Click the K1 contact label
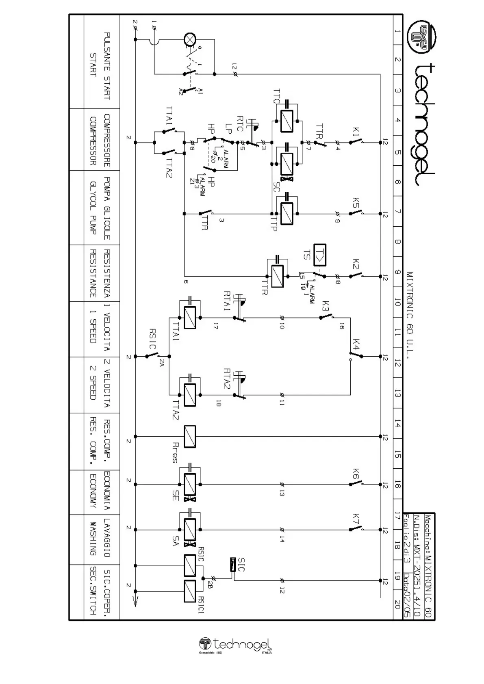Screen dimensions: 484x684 [356, 132]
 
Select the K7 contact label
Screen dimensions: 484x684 [356, 519]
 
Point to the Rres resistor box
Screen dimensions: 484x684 [190, 437]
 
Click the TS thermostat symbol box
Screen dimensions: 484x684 [320, 255]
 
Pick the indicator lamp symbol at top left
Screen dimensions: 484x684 [190, 39]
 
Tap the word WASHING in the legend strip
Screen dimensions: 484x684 [93, 539]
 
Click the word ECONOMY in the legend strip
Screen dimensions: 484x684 [93, 491]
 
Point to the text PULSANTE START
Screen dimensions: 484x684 [107, 66]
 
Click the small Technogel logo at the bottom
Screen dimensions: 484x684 [235, 645]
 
